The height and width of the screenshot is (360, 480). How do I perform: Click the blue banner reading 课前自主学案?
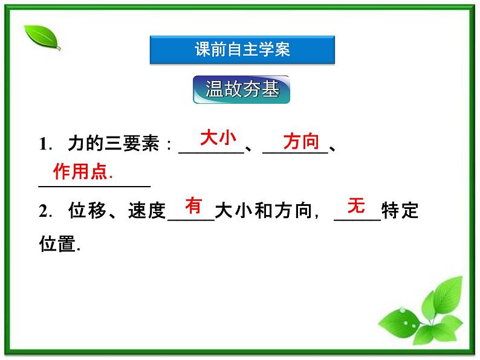242,50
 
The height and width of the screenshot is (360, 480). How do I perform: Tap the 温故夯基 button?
242,89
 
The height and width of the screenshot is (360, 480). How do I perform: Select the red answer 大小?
218,138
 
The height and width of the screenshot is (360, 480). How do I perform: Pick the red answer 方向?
300,141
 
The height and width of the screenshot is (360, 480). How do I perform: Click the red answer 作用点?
83,172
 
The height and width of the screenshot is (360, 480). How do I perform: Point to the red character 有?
193,205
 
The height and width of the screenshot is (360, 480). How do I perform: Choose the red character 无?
357,205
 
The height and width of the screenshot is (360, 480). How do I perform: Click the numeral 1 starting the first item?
43,144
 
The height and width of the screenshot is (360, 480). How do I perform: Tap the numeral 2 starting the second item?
43,211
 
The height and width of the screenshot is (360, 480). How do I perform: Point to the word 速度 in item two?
146,211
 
